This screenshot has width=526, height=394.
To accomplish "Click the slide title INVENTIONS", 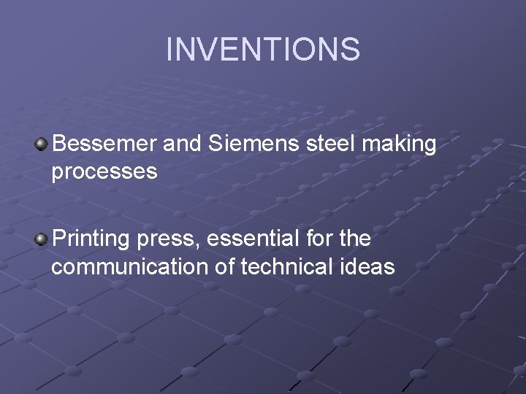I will [x=263, y=50].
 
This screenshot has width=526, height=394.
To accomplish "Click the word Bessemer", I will [x=104, y=144].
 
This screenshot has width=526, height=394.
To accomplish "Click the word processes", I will [x=104, y=172].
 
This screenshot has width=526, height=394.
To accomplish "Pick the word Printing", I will [x=91, y=239].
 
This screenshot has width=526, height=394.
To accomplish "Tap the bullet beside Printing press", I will [x=42, y=239].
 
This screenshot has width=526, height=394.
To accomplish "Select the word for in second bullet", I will [x=316, y=239].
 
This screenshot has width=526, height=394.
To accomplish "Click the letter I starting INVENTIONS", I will [x=169, y=50].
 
